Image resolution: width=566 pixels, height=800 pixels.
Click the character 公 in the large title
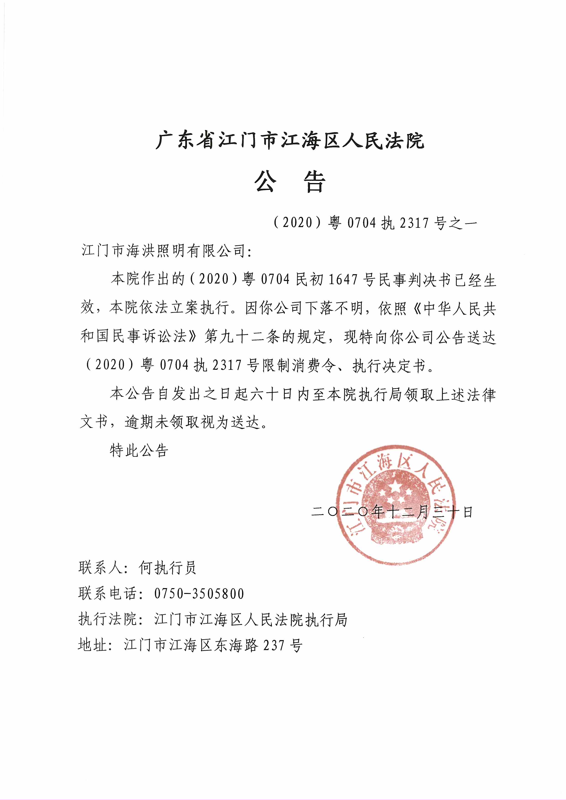click(x=265, y=182)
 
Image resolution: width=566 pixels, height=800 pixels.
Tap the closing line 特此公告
click(x=139, y=450)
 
